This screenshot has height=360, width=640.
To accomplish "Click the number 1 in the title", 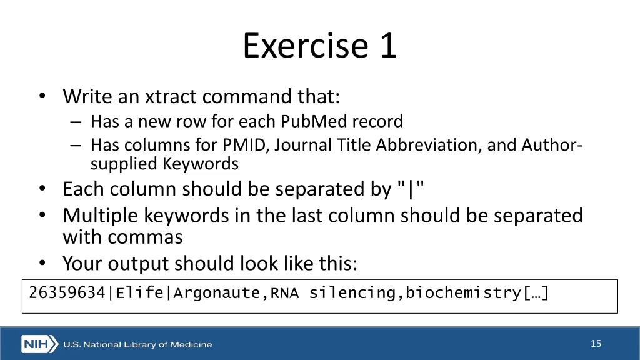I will pos(387,46).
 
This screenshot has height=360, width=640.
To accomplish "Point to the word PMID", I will pos(246,145).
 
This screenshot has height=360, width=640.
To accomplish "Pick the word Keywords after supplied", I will pos(201,164).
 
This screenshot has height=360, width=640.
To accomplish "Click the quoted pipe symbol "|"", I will pos(411,189).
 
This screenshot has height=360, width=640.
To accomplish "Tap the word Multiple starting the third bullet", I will pos(100,216).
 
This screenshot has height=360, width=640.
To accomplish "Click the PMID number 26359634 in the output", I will pos(67,292).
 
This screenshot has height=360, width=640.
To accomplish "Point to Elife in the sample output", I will pos(139,292).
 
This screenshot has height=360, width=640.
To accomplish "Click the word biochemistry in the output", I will pos(463,292).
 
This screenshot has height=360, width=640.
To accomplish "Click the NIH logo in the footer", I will pos(39,344).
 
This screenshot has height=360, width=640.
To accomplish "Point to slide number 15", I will pos(596,344).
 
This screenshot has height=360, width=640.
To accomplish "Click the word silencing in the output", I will pos(352,292).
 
